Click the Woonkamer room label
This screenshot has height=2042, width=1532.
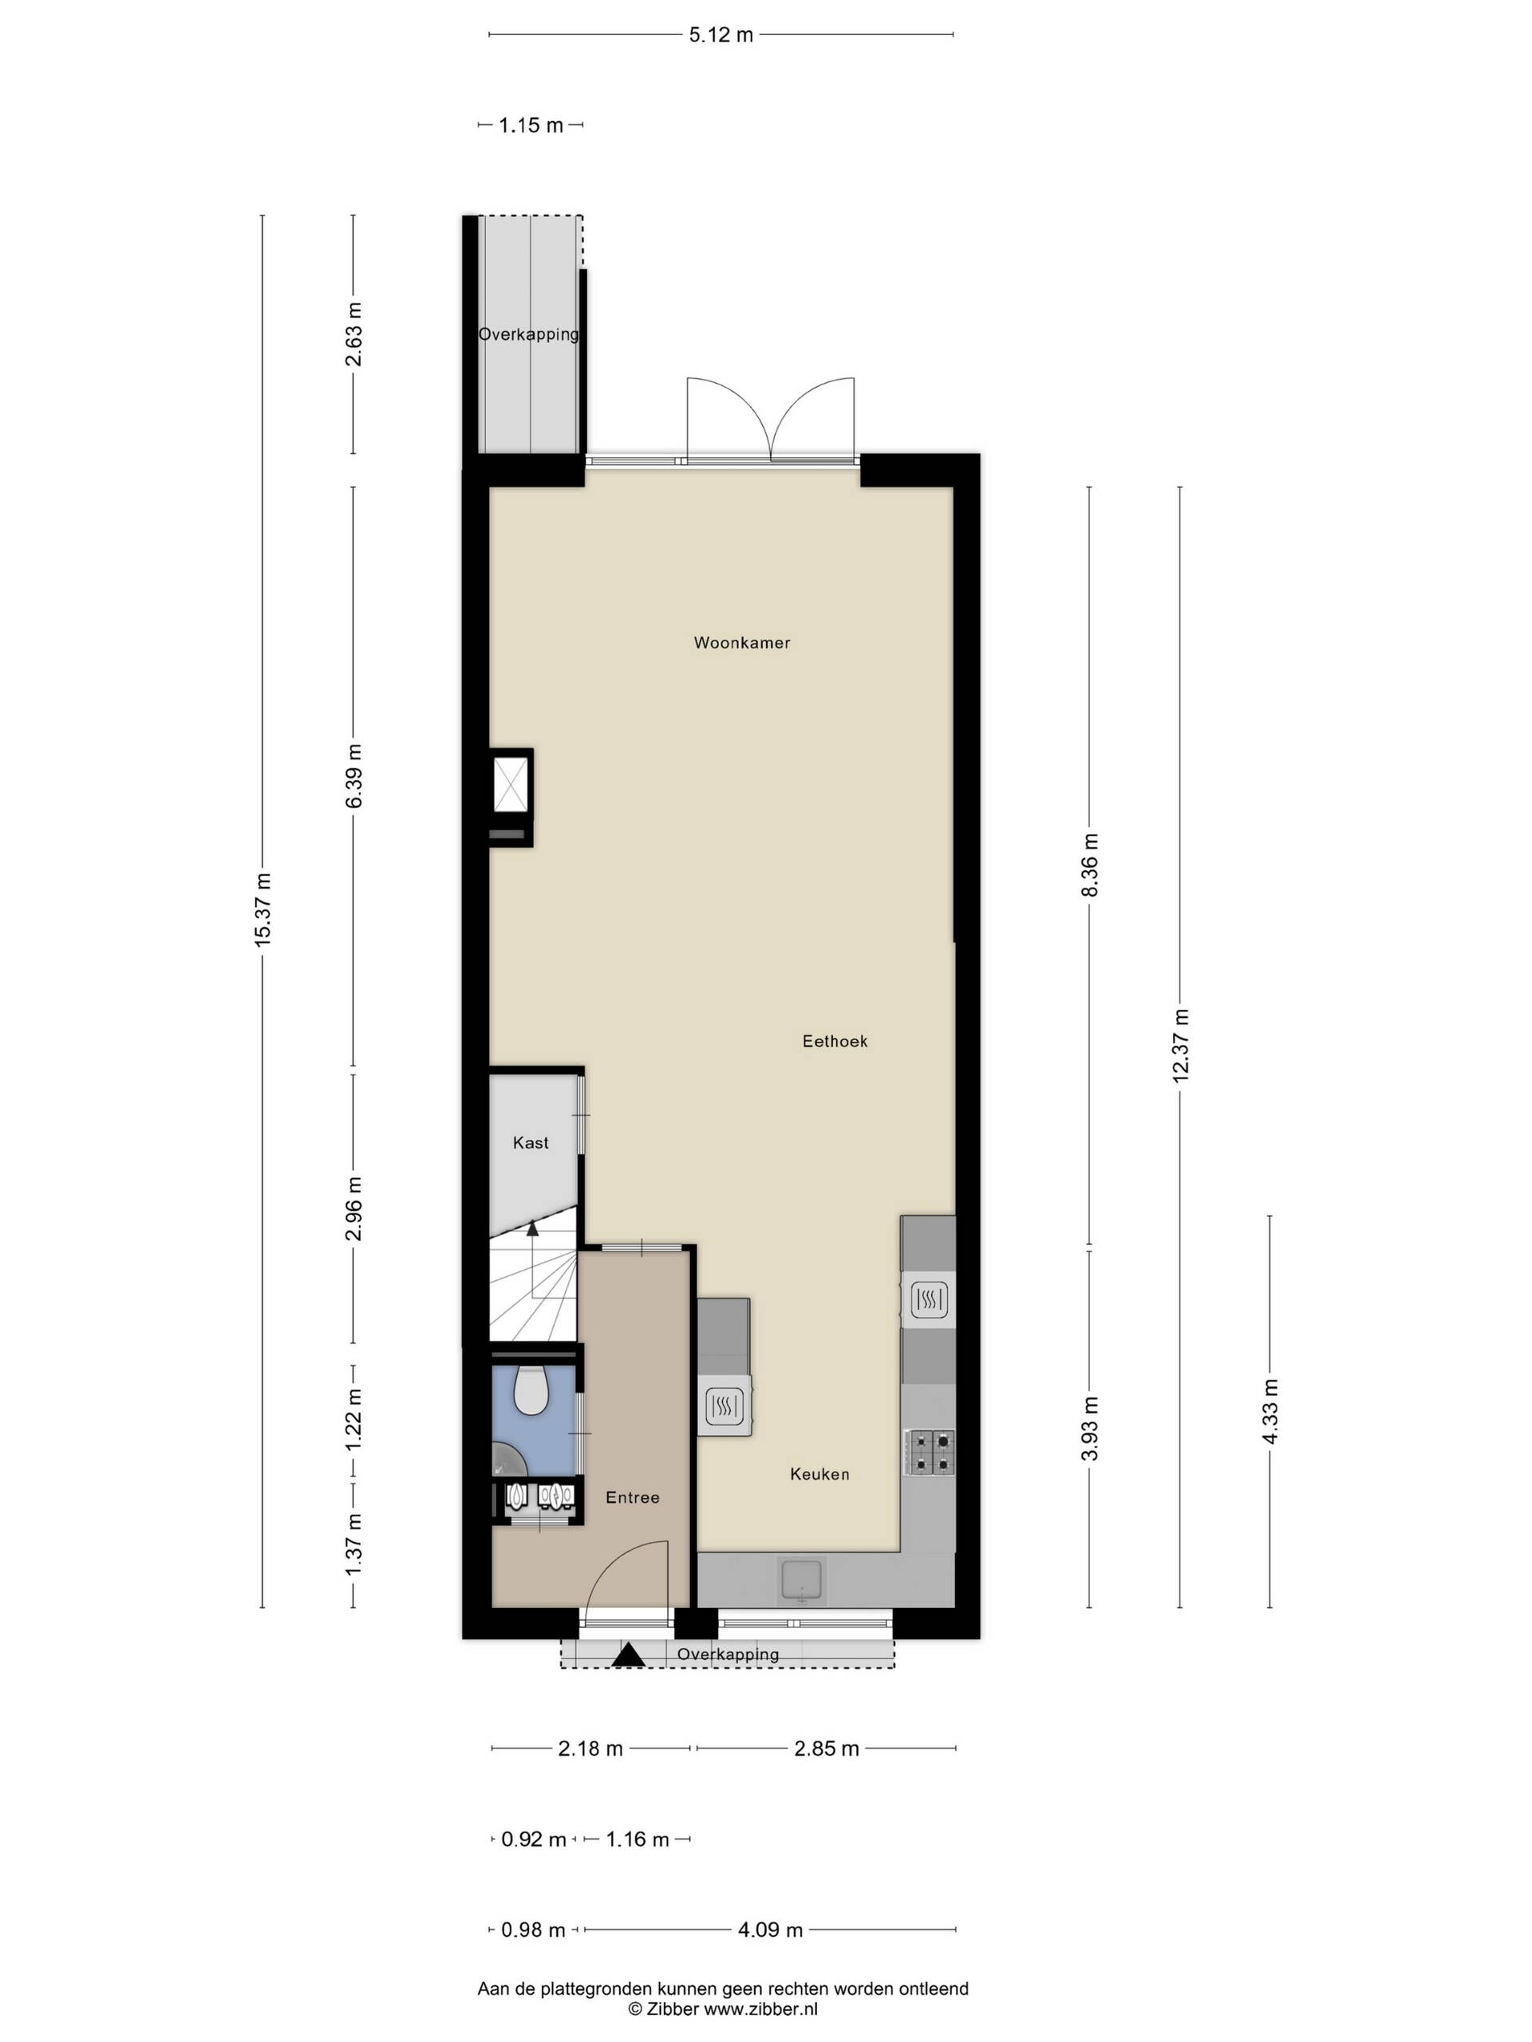tap(741, 642)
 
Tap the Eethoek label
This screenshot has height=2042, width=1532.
tap(835, 1040)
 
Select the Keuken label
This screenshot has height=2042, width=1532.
tap(819, 1474)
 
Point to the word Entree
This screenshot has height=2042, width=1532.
tap(633, 1497)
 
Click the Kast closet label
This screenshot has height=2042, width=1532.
tap(531, 1143)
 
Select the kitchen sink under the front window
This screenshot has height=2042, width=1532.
tap(804, 1580)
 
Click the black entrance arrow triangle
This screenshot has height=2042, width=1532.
tap(630, 1655)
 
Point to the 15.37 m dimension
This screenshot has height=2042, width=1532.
tap(263, 909)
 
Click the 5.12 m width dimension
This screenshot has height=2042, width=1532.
tap(721, 35)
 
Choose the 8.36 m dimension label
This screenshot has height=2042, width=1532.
tap(1090, 864)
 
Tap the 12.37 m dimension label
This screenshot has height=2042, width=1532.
tap(1180, 1046)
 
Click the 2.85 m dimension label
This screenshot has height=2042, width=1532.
tap(827, 1748)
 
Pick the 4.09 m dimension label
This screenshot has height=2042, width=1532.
tap(770, 1930)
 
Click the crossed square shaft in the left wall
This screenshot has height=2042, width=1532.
tap(511, 785)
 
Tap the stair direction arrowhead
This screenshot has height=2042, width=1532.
tap(532, 1228)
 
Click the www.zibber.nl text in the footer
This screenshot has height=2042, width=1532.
tap(761, 2008)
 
